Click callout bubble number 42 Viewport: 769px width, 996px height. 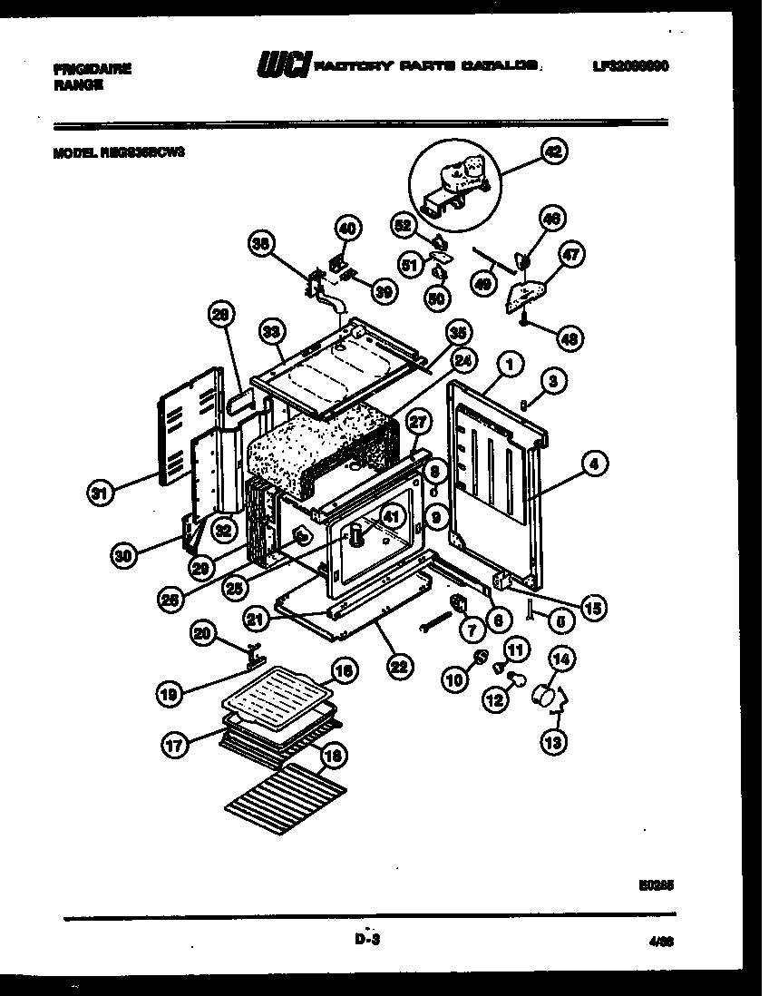[551, 153]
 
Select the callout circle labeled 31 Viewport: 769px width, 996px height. [102, 493]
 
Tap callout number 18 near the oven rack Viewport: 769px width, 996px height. [334, 755]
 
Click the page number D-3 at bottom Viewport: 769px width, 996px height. [366, 941]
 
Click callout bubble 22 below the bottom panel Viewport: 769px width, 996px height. [398, 667]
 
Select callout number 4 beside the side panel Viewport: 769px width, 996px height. [594, 466]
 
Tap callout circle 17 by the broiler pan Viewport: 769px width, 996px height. [175, 745]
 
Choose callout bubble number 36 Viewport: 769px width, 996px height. [262, 244]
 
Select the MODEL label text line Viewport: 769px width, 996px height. [119, 154]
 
